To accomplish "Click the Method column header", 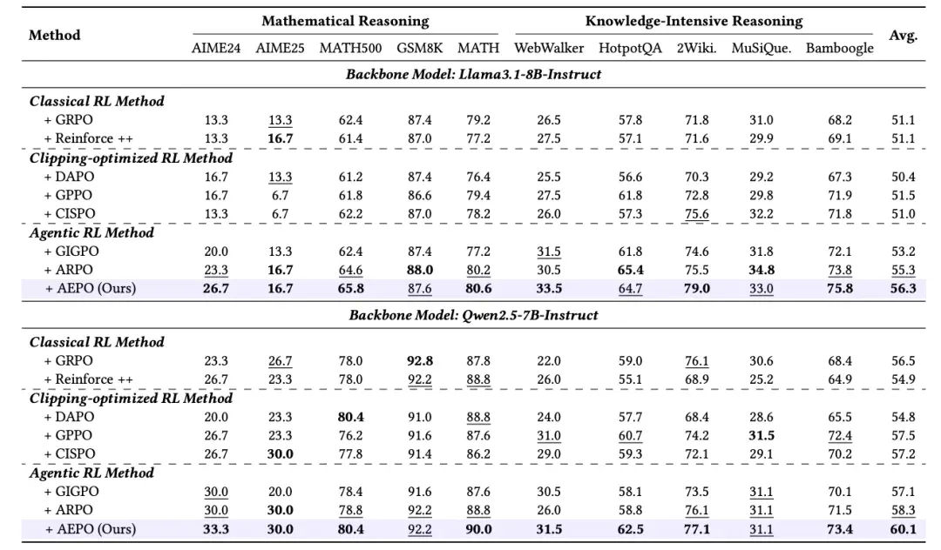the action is pyautogui.click(x=55, y=35).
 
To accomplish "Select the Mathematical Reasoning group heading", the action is pyautogui.click(x=345, y=21).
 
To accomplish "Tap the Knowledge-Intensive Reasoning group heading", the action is pyautogui.click(x=694, y=21).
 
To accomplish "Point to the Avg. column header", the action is pyautogui.click(x=904, y=36).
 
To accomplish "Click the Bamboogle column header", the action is pyautogui.click(x=840, y=48).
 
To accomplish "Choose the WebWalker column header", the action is pyautogui.click(x=549, y=48).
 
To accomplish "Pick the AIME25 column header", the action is pyautogui.click(x=280, y=48).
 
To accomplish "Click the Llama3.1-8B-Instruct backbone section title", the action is pyautogui.click(x=473, y=74).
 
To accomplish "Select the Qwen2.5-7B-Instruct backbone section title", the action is pyautogui.click(x=473, y=315).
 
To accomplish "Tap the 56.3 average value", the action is pyautogui.click(x=904, y=289).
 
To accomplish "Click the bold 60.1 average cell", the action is pyautogui.click(x=904, y=530).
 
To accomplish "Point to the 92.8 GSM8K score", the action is pyautogui.click(x=419, y=361).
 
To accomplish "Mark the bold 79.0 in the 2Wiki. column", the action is pyautogui.click(x=697, y=289).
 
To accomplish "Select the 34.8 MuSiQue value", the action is pyautogui.click(x=761, y=270).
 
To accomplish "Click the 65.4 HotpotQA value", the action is pyautogui.click(x=630, y=270).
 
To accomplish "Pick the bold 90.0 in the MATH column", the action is pyautogui.click(x=478, y=530).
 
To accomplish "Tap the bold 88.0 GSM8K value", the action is pyautogui.click(x=419, y=270).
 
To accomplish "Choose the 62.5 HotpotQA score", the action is pyautogui.click(x=630, y=530).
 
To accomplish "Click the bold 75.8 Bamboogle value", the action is pyautogui.click(x=840, y=289).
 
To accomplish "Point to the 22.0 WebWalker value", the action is pyautogui.click(x=549, y=361).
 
